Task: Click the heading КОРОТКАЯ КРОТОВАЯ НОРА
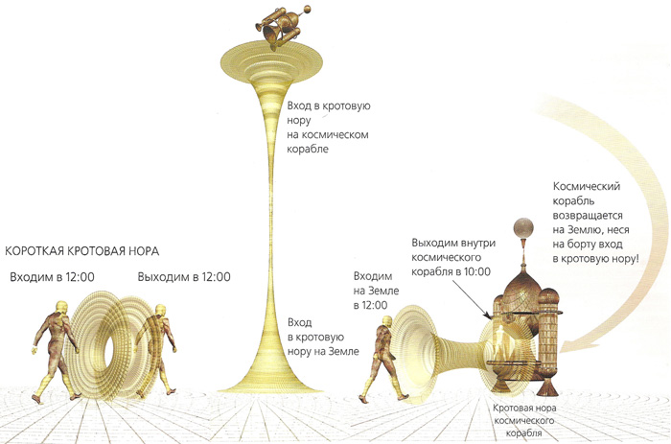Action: (x=82, y=251)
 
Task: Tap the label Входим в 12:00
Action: (x=53, y=277)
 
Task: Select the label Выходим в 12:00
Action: (x=183, y=277)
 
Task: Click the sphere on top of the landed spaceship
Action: (x=523, y=228)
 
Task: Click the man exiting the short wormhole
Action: (x=154, y=347)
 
